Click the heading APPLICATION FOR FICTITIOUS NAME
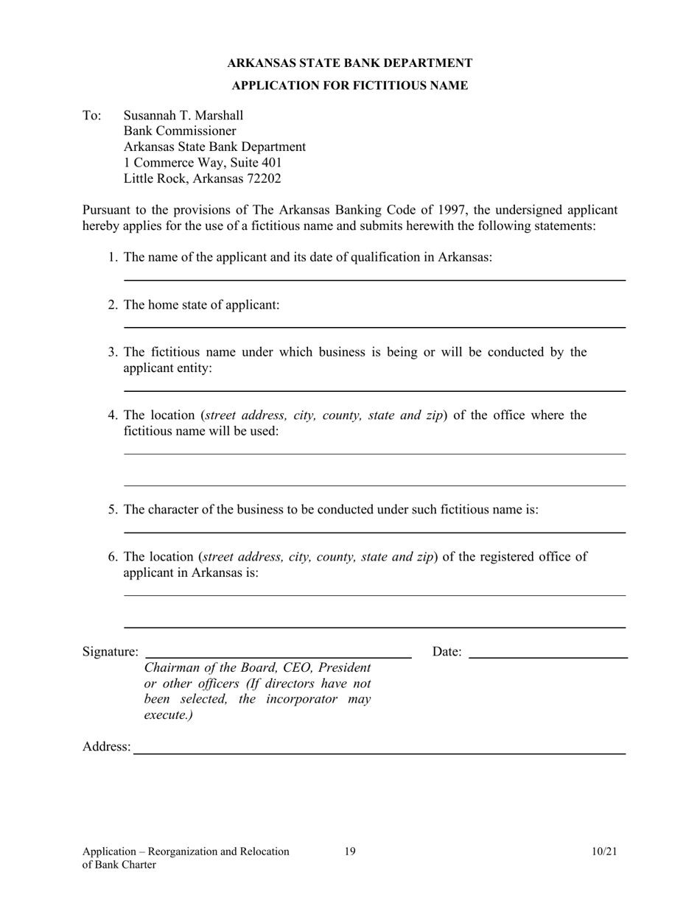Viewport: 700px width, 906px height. pyautogui.click(x=349, y=85)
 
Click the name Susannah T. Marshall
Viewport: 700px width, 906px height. pyautogui.click(x=183, y=116)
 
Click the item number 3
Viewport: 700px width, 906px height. pyautogui.click(x=112, y=352)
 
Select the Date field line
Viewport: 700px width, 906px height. pyautogui.click(x=547, y=655)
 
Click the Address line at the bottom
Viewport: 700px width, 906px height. pyautogui.click(x=379, y=752)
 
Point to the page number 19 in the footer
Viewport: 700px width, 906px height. pyautogui.click(x=350, y=851)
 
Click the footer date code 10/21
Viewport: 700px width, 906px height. pyautogui.click(x=604, y=851)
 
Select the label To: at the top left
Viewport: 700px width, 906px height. pyautogui.click(x=91, y=116)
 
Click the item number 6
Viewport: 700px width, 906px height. pyautogui.click(x=112, y=556)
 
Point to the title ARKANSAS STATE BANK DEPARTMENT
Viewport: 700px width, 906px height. pyautogui.click(x=349, y=63)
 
